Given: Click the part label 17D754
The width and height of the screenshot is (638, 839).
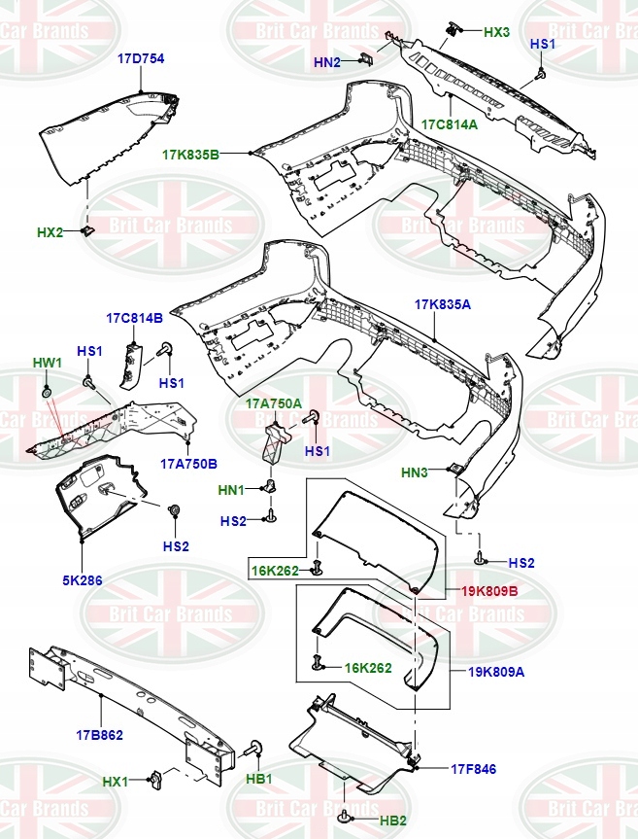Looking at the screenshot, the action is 141,59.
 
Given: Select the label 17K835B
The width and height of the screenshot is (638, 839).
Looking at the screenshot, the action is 190,156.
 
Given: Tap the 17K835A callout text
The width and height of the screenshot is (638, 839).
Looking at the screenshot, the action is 443,304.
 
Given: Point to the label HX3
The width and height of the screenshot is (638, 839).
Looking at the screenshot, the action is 496,32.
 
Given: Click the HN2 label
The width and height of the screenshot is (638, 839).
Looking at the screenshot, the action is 327,62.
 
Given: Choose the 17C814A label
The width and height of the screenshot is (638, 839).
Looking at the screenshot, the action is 450,124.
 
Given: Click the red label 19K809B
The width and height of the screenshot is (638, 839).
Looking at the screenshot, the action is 490,591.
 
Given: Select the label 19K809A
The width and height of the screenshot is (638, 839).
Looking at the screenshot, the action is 496,672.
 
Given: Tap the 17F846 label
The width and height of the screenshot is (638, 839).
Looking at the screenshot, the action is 474,769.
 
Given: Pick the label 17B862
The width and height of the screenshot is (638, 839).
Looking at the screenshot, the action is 99,735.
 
